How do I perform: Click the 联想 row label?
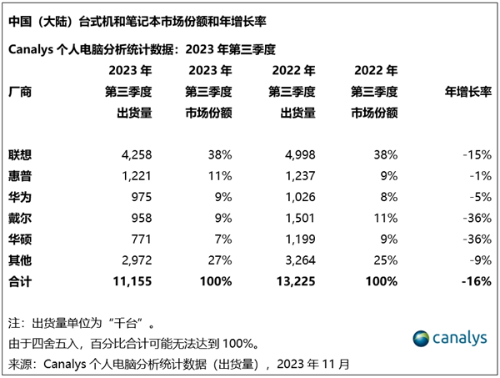point(21,155)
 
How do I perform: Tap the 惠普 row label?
point(21,176)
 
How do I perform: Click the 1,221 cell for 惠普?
point(136,176)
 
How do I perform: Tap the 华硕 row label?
point(21,239)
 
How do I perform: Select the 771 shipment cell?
point(140,239)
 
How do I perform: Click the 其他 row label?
point(21,260)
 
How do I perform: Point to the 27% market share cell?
point(218,260)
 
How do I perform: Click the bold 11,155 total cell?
point(132,281)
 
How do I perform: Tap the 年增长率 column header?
point(466,91)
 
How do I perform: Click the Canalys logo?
point(449,337)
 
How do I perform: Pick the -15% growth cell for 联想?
point(475,155)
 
